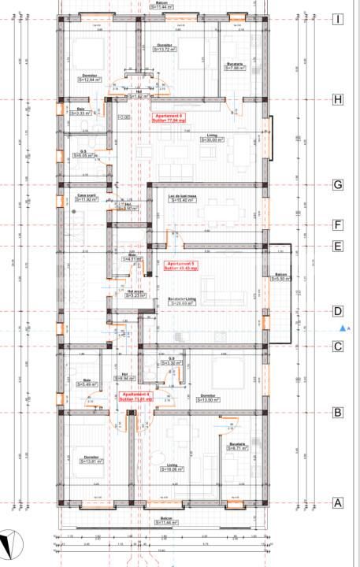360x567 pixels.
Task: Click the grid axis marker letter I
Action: (337, 19)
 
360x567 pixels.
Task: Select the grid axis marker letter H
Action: (337, 100)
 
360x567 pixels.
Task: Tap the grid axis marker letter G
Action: (337, 185)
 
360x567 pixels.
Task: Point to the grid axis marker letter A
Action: (337, 503)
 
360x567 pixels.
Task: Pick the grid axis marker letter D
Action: (337, 311)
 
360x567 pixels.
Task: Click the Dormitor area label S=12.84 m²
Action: (91, 80)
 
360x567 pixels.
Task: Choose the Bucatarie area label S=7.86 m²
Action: (235, 68)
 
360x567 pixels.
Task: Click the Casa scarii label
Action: (87, 198)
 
